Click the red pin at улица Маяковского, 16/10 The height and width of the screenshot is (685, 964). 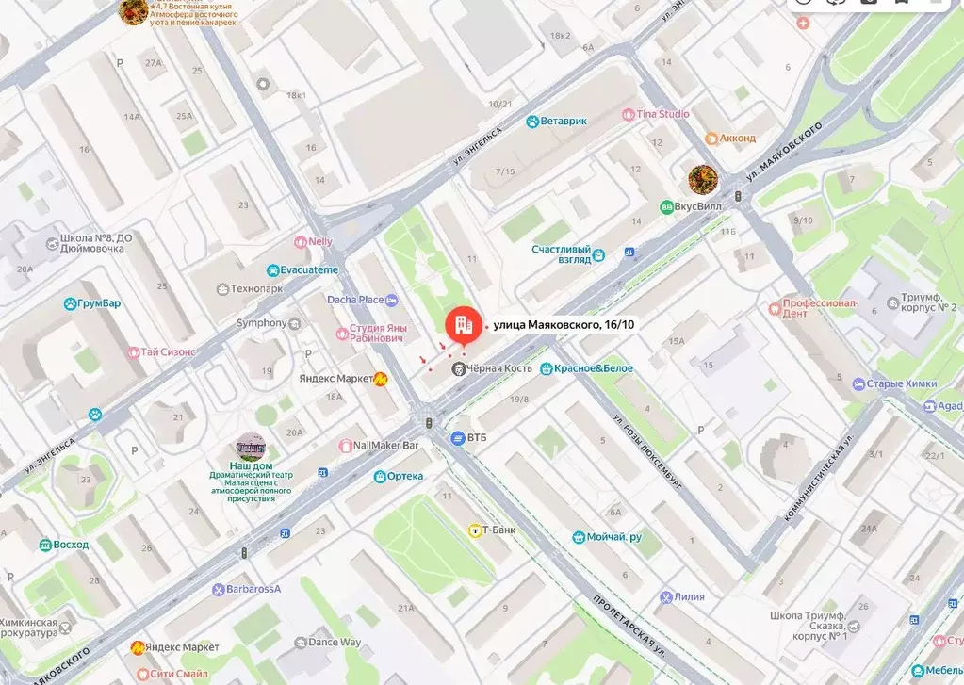[x=461, y=326]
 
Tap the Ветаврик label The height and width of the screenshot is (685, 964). [x=564, y=122]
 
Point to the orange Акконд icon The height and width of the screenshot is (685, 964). [x=712, y=138]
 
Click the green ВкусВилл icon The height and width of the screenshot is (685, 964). [x=667, y=206]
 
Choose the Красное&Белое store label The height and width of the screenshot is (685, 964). [x=594, y=368]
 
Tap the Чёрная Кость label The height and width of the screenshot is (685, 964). [x=499, y=368]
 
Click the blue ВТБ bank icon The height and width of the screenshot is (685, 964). [x=458, y=437]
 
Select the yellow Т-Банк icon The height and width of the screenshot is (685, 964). [x=475, y=530]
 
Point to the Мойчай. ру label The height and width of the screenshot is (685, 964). [x=613, y=537]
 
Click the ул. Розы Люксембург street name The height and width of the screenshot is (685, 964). [x=647, y=449]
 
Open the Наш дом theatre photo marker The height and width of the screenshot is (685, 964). [x=251, y=446]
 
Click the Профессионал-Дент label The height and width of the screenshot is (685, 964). [x=819, y=309]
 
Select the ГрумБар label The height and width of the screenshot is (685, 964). [x=100, y=303]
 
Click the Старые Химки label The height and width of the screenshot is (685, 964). [x=901, y=384]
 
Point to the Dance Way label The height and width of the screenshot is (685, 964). [x=335, y=643]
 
